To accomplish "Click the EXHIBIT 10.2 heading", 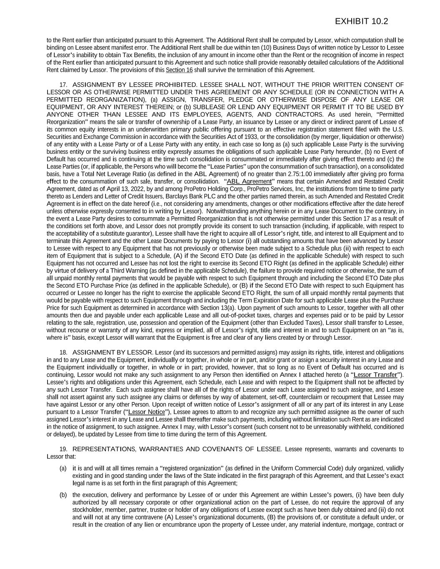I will coord(361,22).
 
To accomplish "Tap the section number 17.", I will coord(64,85).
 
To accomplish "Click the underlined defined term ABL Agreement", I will coord(249,181).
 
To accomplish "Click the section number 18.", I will coord(64,352).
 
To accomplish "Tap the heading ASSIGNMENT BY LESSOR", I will coord(113,352).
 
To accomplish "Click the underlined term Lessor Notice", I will coord(146,412).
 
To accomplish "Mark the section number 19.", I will coord(64,449).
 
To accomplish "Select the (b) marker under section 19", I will coord(63,495).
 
